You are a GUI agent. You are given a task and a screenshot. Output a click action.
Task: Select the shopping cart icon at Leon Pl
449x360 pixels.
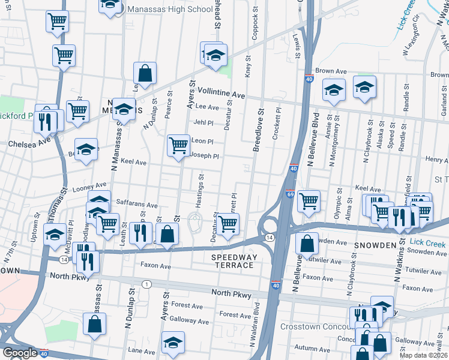tap(178, 146)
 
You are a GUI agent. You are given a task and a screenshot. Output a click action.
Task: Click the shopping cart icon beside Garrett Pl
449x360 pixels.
tap(228, 224)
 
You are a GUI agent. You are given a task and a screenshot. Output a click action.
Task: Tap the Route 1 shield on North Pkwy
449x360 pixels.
tap(146, 283)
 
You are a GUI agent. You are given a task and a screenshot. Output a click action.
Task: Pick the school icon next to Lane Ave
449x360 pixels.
tap(173, 342)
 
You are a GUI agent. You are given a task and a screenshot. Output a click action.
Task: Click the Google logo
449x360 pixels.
tap(19, 353)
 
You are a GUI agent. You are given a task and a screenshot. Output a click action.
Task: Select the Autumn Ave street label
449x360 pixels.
tap(312, 348)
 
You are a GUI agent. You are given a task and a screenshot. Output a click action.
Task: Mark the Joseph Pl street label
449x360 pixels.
tap(204, 156)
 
